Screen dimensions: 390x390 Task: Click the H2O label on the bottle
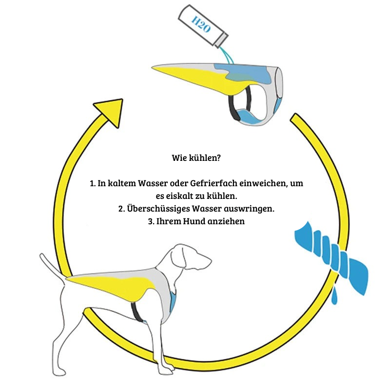pyautogui.click(x=201, y=25)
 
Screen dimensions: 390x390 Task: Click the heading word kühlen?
pyautogui.click(x=205, y=158)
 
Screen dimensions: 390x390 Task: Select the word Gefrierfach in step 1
pyautogui.click(x=214, y=183)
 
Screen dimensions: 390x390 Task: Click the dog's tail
pyautogui.click(x=53, y=267)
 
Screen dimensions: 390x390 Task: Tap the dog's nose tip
pyautogui.click(x=210, y=261)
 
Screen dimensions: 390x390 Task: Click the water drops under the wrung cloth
pyautogui.click(x=335, y=295)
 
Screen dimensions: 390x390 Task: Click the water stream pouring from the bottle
pyautogui.click(x=226, y=55)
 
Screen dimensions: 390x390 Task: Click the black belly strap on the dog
pyautogui.click(x=136, y=312)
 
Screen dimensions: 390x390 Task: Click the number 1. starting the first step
pyautogui.click(x=93, y=184)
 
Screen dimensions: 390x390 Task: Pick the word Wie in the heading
pyautogui.click(x=179, y=157)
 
